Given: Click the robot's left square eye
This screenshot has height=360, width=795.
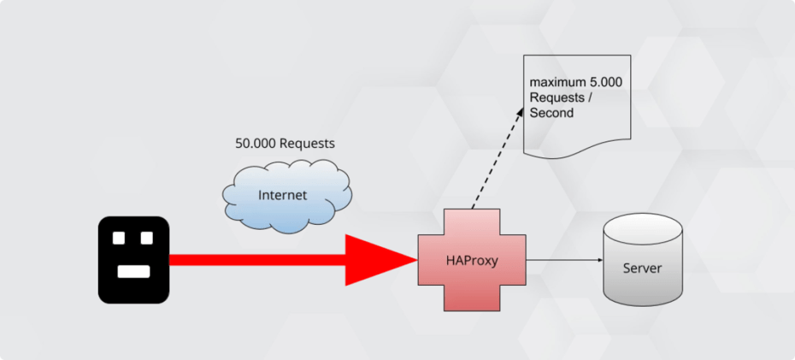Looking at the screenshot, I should (x=120, y=238).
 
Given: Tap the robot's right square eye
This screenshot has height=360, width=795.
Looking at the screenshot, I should (x=146, y=238).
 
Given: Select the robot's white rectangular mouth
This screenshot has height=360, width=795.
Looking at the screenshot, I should (x=133, y=271).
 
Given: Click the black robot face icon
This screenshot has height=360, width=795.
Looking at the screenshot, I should (x=133, y=260).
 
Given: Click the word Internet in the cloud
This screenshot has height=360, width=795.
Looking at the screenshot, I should (x=282, y=196).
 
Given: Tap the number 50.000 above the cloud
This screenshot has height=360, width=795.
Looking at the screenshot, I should (x=253, y=144).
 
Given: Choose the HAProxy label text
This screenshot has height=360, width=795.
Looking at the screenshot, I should (x=471, y=260).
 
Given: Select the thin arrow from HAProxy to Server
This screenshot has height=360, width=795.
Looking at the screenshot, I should (x=564, y=260).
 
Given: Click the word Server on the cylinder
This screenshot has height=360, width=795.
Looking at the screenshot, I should (x=642, y=269).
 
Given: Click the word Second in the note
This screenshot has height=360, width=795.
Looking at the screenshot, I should (x=551, y=113).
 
